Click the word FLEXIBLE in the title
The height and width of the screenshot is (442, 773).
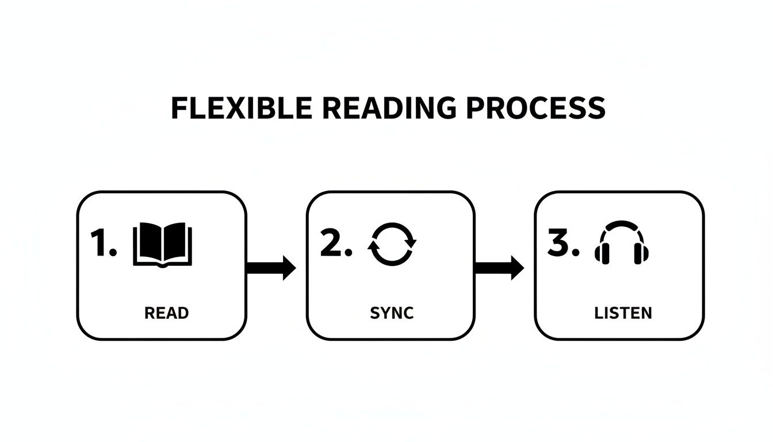[x=241, y=109]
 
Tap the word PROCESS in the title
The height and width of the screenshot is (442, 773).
[x=535, y=109]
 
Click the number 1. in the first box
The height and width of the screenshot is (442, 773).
[x=104, y=243]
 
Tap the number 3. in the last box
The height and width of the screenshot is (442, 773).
[x=563, y=243]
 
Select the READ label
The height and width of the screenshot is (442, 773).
[x=166, y=313]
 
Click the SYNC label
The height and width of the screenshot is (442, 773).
[x=392, y=313]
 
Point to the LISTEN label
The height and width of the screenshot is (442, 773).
[x=623, y=313]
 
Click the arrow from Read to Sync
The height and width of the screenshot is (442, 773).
[x=271, y=268]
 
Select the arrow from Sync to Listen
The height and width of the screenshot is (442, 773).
[x=499, y=268]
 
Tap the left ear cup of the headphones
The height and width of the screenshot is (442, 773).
[x=602, y=253]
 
